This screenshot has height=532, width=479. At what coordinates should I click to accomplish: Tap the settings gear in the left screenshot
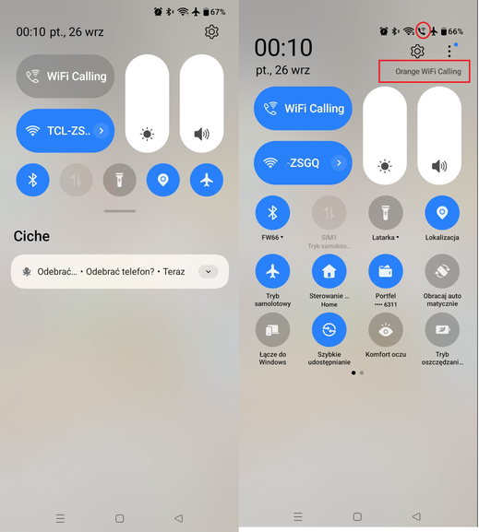click(x=211, y=32)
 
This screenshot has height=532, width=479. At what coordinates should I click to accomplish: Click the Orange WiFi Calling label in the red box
click(x=427, y=71)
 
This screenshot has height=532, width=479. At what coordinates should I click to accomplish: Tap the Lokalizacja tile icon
click(x=442, y=213)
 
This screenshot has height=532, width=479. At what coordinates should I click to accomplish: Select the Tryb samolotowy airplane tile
click(x=272, y=271)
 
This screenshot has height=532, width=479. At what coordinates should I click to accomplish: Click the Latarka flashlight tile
click(x=385, y=213)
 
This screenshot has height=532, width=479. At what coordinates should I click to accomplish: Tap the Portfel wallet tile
click(x=385, y=271)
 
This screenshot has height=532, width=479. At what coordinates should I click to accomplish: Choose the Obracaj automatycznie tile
click(x=442, y=271)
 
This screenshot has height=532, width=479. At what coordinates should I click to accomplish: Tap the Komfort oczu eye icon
click(x=385, y=329)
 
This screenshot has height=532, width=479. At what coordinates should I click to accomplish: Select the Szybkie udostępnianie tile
click(x=329, y=329)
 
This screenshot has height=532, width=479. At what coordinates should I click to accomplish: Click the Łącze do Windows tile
click(x=272, y=329)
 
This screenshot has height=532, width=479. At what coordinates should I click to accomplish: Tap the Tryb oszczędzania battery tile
click(x=442, y=329)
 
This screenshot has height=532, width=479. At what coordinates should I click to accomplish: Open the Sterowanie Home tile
click(x=329, y=271)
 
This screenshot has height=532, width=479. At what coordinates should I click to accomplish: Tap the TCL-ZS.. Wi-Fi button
click(x=65, y=131)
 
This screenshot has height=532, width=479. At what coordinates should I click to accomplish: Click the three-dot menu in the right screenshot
click(x=449, y=52)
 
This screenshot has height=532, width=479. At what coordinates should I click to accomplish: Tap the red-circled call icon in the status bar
click(x=423, y=30)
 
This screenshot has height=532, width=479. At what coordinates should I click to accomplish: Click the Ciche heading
click(x=31, y=237)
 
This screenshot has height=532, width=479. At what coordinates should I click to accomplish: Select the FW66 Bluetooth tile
click(x=272, y=213)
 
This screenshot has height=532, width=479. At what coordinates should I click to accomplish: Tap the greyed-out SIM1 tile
click(x=329, y=213)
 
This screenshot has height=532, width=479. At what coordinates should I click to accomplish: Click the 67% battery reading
click(x=218, y=12)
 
